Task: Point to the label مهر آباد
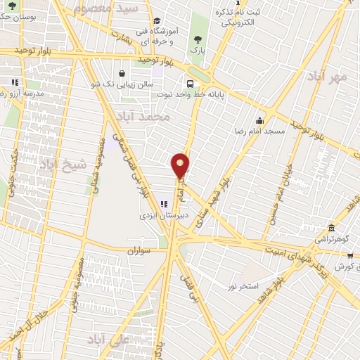(328, 77)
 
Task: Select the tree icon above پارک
(195, 39)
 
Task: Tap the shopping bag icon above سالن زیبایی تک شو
(122, 73)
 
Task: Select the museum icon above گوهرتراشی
(331, 228)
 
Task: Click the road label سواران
(140, 250)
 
